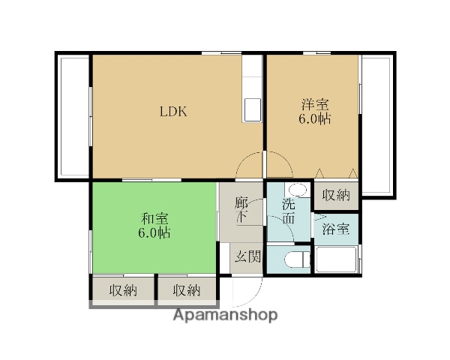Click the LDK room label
173,112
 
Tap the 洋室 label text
315,105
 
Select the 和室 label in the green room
154,219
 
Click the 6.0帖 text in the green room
154,232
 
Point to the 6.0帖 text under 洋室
315,118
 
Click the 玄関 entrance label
247,256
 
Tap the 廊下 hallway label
241,210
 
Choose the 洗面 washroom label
289,211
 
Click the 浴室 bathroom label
336,229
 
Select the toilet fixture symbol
297,259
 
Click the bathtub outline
336,259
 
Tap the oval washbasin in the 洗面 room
298,190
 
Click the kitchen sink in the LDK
253,110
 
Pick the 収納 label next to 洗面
336,195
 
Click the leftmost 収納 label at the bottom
123,290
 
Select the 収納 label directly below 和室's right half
186,290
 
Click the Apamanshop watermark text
225,315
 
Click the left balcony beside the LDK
74,116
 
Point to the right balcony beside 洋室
377,125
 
